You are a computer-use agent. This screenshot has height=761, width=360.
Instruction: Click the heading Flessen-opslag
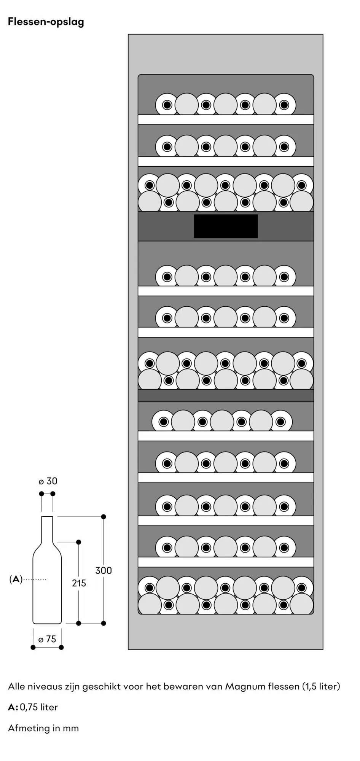46,22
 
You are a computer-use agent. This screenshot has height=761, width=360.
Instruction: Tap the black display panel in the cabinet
226,226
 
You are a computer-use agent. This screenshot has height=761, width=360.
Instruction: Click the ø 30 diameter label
48,481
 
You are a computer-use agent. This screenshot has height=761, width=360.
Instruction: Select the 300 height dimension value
104,570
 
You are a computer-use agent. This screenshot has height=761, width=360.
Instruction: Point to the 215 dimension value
79,583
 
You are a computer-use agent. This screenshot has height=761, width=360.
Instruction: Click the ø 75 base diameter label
47,639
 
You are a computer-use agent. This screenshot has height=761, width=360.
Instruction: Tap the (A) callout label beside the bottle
16,580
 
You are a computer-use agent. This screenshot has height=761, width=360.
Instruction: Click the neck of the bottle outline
47,529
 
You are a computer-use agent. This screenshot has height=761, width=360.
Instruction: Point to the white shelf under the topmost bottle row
226,119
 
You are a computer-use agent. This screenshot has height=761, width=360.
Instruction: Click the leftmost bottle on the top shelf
167,105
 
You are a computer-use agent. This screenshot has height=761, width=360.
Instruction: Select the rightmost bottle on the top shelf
284,105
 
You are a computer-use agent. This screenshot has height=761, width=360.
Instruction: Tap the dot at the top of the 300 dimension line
104,517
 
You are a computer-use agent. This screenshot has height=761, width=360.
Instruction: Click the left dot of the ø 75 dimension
33,647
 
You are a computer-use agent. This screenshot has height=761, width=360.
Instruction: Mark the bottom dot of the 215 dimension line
79,623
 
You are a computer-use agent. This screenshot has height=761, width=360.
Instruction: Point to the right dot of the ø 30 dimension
53,494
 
